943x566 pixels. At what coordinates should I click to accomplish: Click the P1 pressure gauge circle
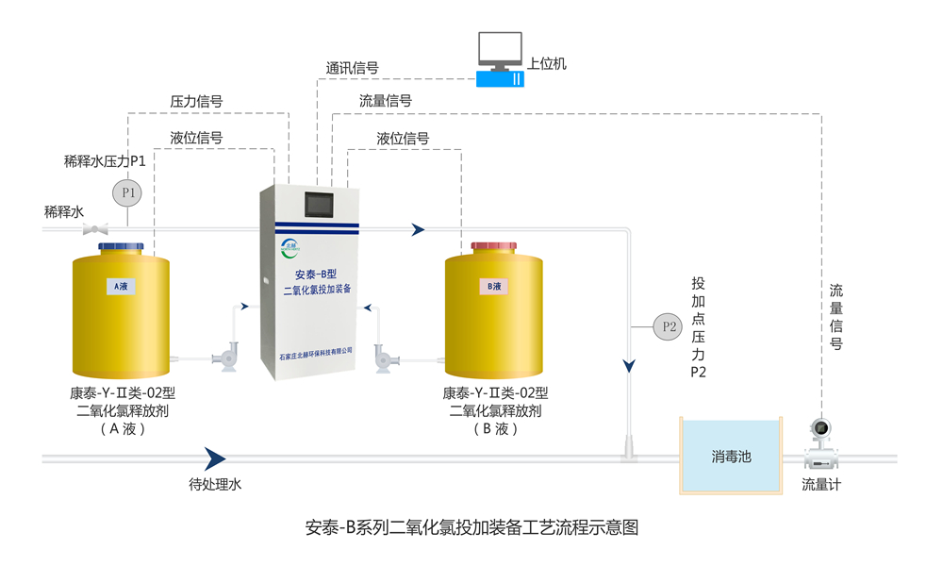click(x=126, y=193)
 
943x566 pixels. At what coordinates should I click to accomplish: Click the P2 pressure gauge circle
click(x=668, y=327)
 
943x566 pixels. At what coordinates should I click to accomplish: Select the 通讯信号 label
click(x=353, y=68)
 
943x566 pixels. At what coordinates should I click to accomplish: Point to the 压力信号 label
click(x=196, y=101)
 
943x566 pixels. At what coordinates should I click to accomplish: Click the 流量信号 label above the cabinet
click(x=385, y=100)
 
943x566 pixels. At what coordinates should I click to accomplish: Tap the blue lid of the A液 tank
click(x=121, y=246)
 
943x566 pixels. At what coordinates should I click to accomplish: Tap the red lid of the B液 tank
click(x=493, y=246)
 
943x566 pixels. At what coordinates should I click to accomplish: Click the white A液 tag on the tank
click(x=120, y=286)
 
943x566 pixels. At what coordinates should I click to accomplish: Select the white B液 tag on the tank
click(x=493, y=286)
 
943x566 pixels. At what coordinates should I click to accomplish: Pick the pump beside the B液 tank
click(x=389, y=357)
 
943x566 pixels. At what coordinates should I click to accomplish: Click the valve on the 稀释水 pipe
click(x=95, y=228)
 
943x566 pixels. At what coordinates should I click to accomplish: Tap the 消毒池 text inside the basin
click(x=731, y=458)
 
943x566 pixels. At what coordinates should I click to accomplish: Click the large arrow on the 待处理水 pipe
click(x=215, y=458)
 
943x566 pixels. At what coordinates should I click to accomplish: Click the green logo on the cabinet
click(x=289, y=248)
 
